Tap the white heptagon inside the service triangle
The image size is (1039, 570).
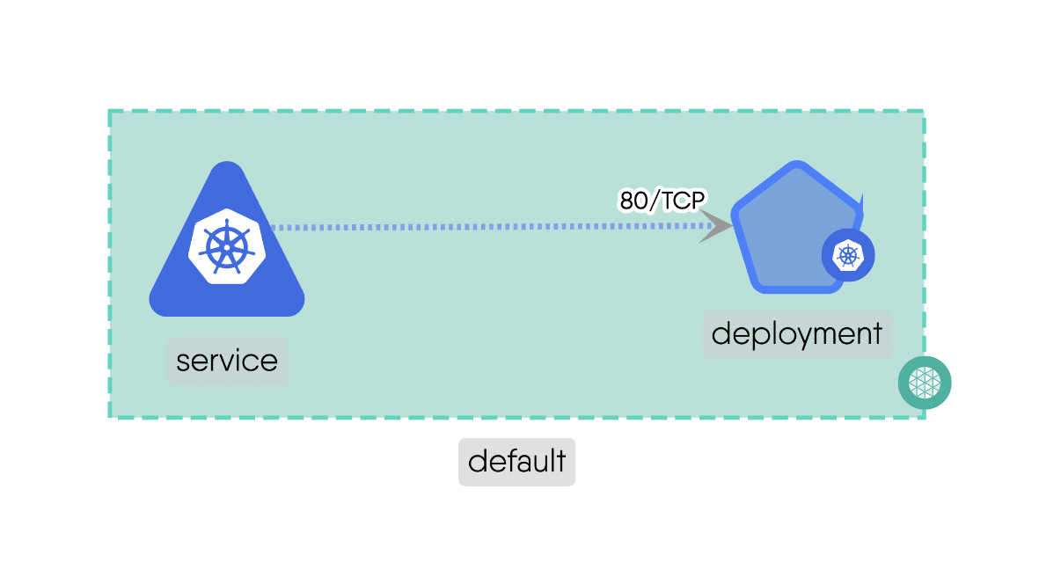tap(226, 247)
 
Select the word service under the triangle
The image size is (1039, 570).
tap(227, 361)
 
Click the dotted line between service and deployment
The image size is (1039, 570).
tap(484, 227)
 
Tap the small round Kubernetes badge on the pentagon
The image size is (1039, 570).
tap(848, 256)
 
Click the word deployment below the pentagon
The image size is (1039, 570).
tap(796, 334)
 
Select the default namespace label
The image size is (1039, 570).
tap(516, 462)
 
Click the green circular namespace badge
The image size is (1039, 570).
tap(925, 383)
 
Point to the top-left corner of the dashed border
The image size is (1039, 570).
tap(109, 111)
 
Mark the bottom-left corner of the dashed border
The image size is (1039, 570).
tap(109, 417)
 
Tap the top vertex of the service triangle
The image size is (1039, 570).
tap(227, 165)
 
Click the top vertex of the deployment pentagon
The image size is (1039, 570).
tap(797, 164)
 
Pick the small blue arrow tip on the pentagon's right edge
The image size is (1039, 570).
tap(861, 201)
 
